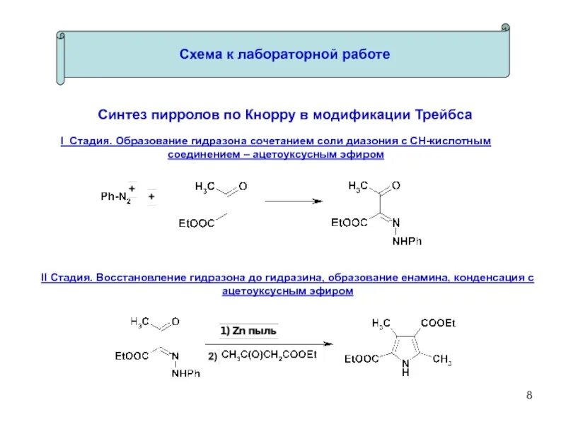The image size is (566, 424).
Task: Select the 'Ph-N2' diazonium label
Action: click(116, 197)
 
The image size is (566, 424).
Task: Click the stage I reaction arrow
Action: click(294, 201)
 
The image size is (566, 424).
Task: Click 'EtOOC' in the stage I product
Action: click(350, 223)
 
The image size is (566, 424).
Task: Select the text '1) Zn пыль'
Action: click(248, 331)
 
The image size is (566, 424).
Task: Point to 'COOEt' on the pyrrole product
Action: click(438, 323)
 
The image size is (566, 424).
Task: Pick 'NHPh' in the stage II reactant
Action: click(186, 374)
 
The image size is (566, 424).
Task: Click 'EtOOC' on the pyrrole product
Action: click(362, 359)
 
